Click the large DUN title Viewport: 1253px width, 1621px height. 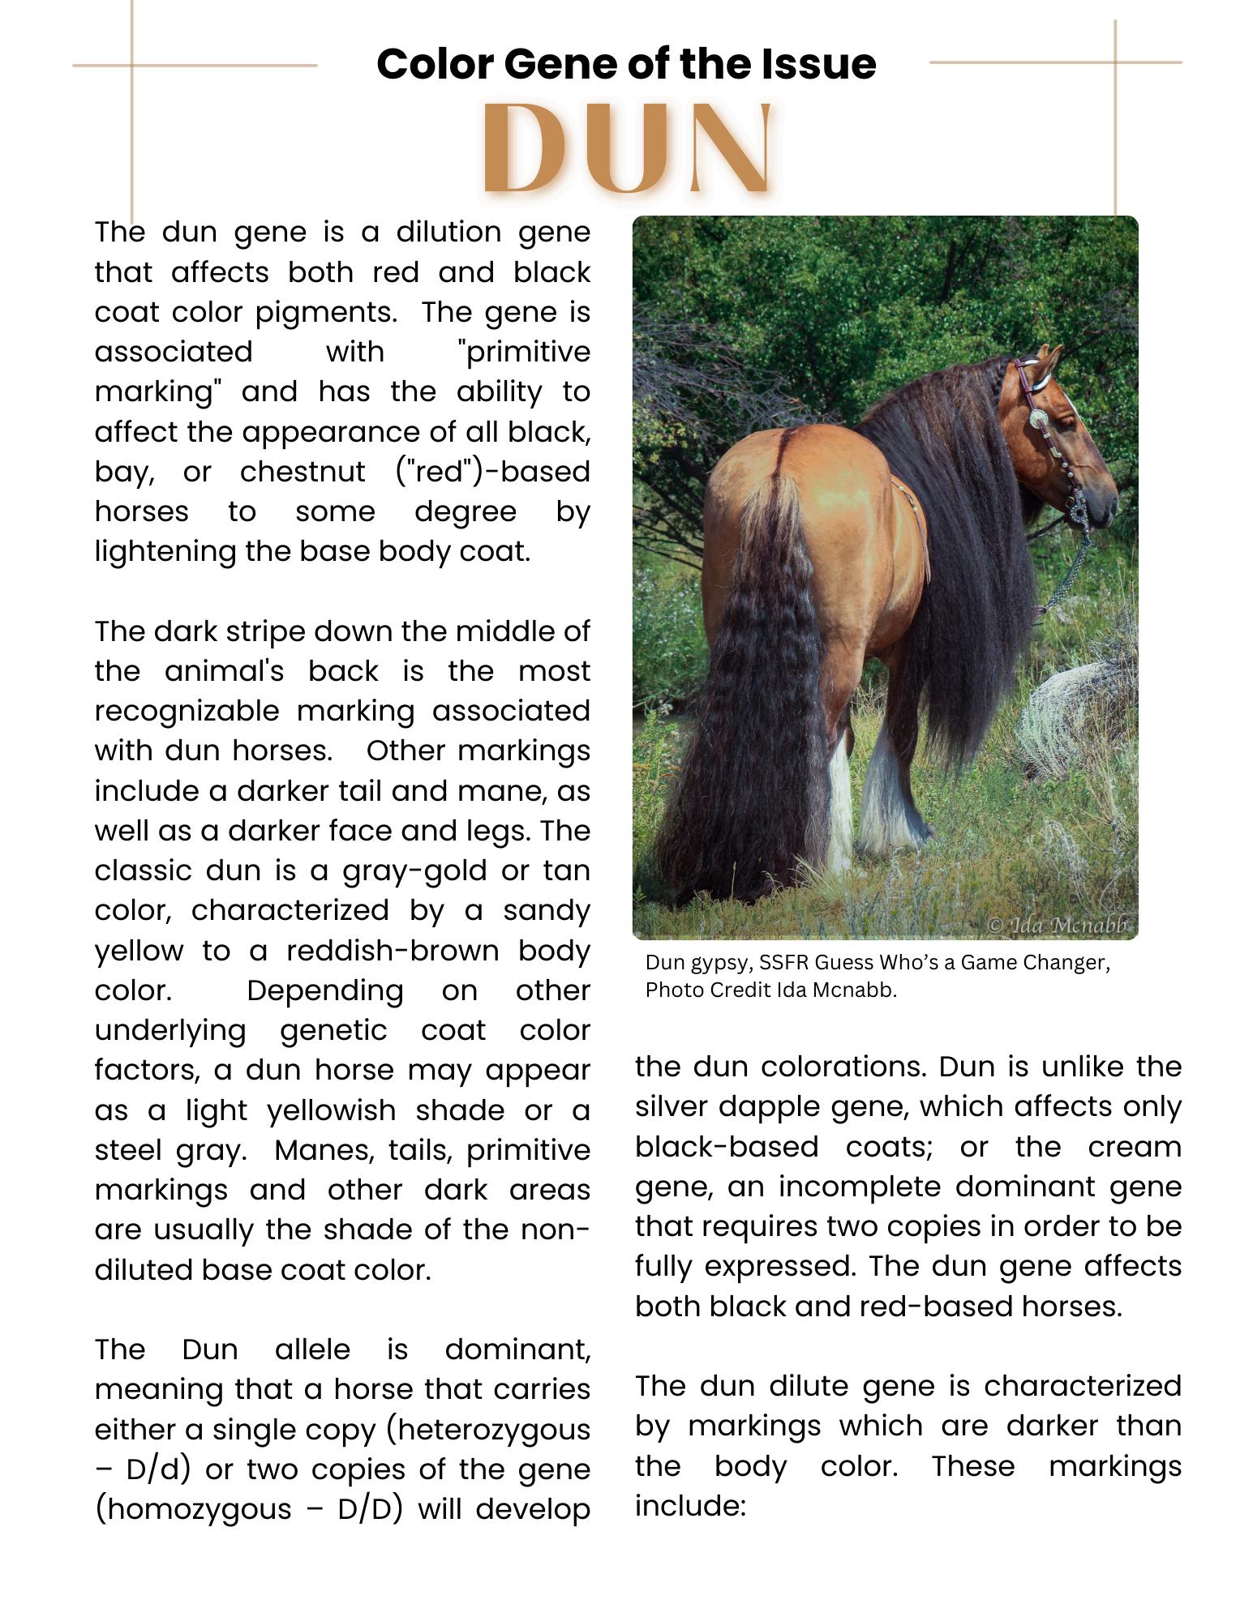(x=626, y=150)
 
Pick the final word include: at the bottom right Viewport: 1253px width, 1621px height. (x=689, y=1506)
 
